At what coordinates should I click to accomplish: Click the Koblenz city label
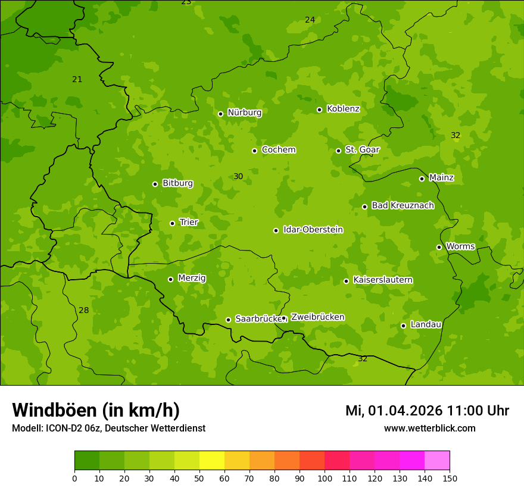[343, 109]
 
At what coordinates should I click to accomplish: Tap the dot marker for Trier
[173, 223]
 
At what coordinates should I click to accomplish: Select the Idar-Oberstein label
[313, 230]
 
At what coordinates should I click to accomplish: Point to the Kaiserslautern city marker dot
[346, 281]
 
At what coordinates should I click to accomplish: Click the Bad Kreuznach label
[403, 205]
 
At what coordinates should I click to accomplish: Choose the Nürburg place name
[244, 112]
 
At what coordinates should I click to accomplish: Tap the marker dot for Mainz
[422, 179]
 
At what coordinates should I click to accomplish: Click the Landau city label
[426, 324]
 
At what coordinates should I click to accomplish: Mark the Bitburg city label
[177, 183]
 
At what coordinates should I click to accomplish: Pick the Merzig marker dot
[170, 279]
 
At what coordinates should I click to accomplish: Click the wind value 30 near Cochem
[238, 176]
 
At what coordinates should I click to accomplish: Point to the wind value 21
[77, 79]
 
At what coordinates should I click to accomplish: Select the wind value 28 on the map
[84, 310]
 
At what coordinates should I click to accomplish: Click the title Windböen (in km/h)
[96, 410]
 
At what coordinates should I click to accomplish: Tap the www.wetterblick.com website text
[429, 428]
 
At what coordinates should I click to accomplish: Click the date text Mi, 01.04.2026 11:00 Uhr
[427, 411]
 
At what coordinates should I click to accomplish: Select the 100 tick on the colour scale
[325, 478]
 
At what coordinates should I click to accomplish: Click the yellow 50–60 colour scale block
[212, 461]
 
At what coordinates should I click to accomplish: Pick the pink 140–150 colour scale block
[437, 461]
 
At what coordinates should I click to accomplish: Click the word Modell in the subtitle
[26, 428]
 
